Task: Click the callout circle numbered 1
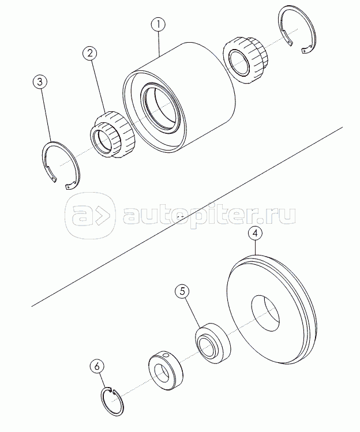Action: coord(159,25)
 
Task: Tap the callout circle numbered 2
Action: coord(90,54)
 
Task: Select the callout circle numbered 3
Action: coord(40,82)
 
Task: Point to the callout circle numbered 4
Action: coord(255,233)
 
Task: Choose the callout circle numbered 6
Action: coord(97,366)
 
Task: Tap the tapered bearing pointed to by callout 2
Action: coord(112,134)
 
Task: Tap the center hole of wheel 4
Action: coord(265,314)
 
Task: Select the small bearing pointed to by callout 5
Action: coord(212,343)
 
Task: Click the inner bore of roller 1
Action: coord(162,107)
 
